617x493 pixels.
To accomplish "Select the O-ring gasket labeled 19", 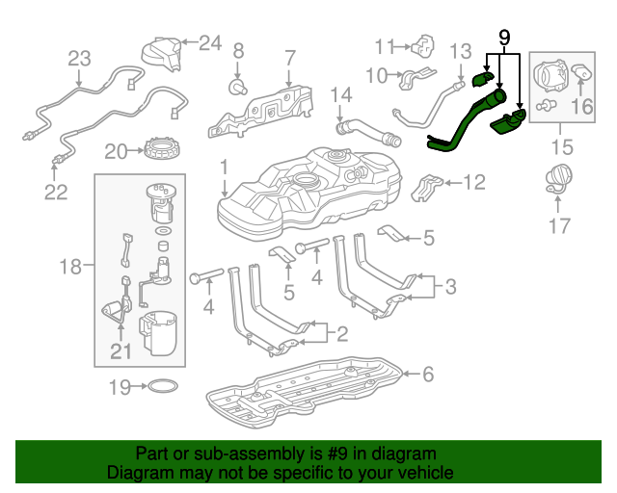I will pyautogui.click(x=164, y=388).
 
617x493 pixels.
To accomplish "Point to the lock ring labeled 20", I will pyautogui.click(x=157, y=150).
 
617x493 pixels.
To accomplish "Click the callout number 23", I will pyautogui.click(x=78, y=58).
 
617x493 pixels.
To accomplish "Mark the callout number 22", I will pyautogui.click(x=56, y=192).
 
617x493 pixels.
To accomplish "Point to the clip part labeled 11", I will pyautogui.click(x=421, y=44).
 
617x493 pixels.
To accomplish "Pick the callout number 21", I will pyautogui.click(x=120, y=351).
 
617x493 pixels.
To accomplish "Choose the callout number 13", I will pyautogui.click(x=461, y=50).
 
